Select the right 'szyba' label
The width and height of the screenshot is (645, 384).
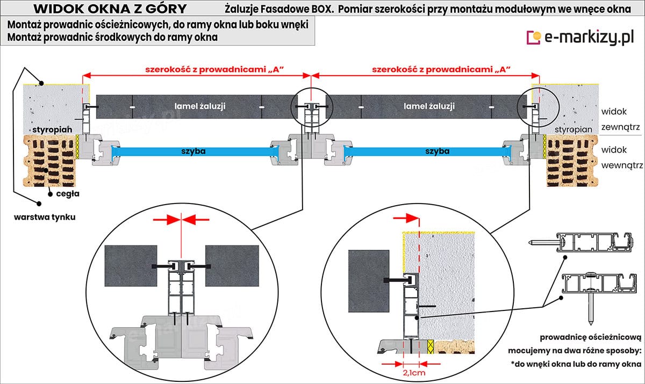pyautogui.click(x=436, y=151)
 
